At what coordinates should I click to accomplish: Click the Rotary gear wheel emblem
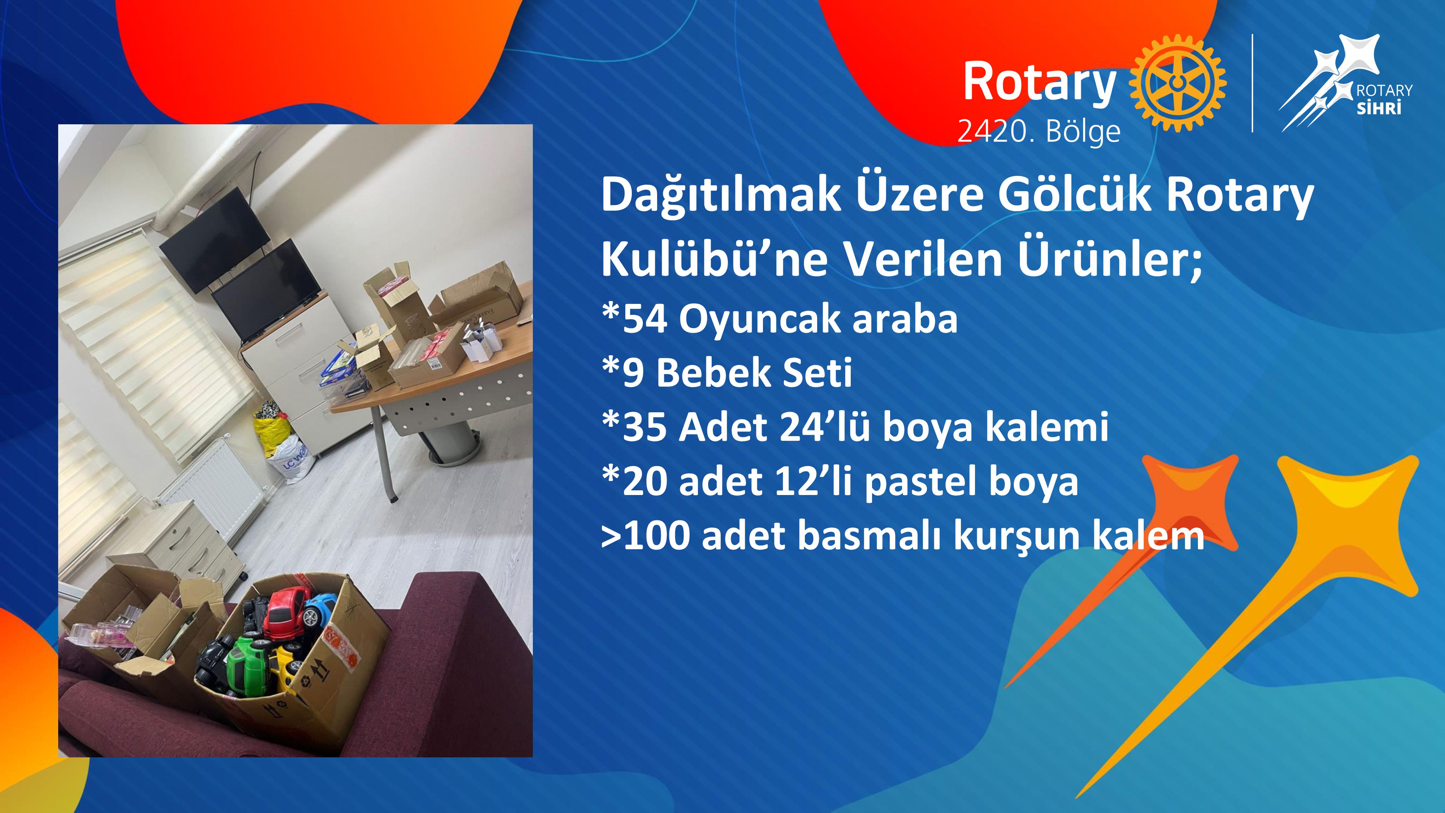click(1177, 83)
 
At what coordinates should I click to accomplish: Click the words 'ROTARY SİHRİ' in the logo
click(1384, 99)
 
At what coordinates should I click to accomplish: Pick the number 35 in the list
click(645, 427)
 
